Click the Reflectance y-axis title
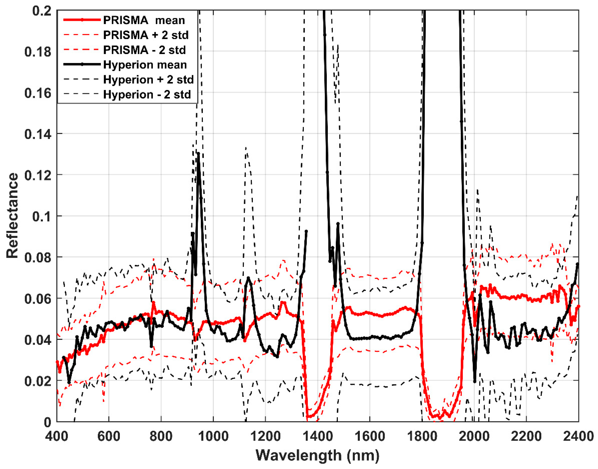[12, 216]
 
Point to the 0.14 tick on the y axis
[38, 134]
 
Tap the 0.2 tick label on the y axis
[42, 11]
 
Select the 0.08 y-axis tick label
[38, 258]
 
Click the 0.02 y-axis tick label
[38, 381]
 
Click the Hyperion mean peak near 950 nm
[198, 153]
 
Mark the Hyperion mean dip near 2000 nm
[475, 381]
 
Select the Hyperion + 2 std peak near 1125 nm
[246, 148]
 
